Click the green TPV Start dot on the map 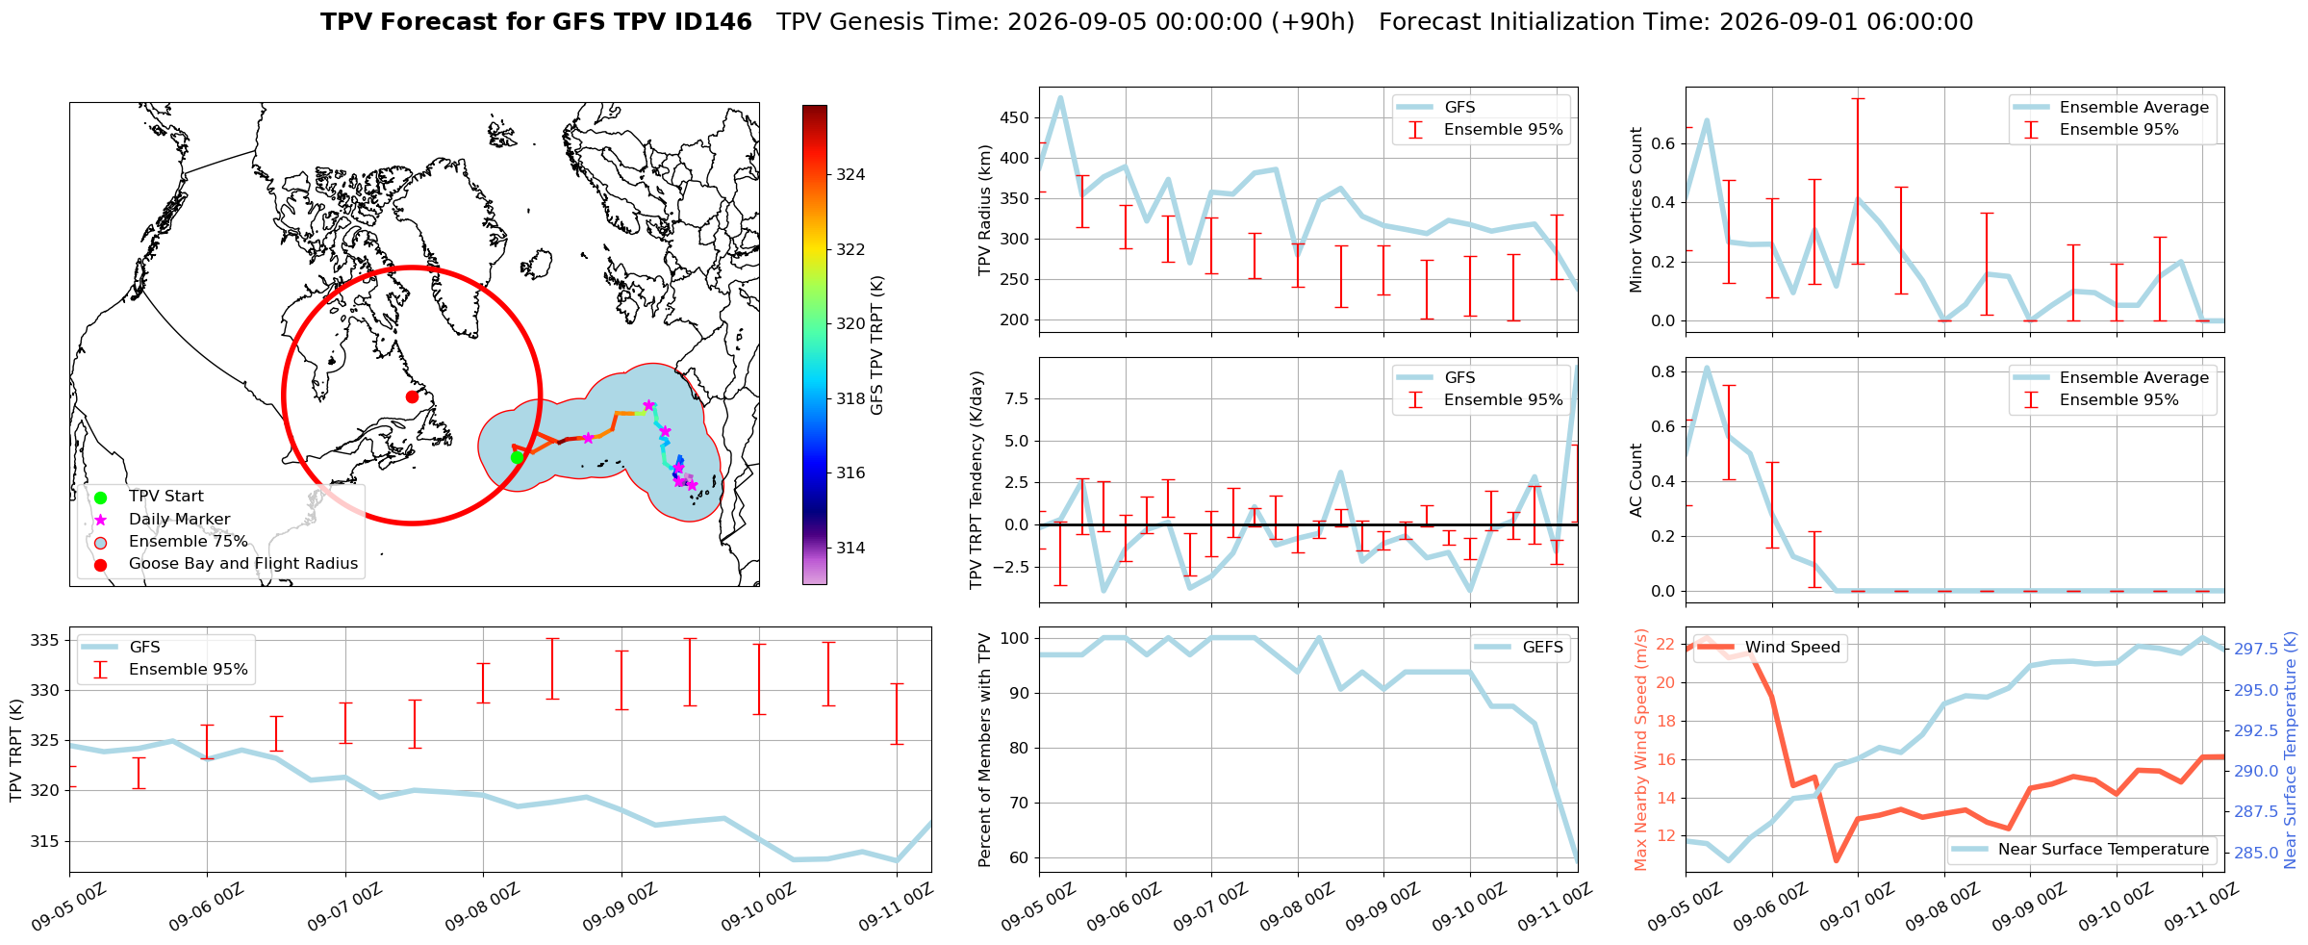[x=517, y=457]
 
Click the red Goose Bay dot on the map [x=412, y=396]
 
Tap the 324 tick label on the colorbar [x=850, y=174]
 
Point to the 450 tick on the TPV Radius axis [x=1015, y=118]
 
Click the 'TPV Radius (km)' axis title [x=984, y=210]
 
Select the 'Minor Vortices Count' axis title [x=1636, y=210]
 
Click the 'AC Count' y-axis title [x=1636, y=480]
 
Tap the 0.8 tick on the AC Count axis [x=1663, y=371]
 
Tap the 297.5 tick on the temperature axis [x=2255, y=650]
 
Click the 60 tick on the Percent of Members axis [x=1020, y=858]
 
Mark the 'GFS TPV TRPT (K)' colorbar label [x=877, y=345]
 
